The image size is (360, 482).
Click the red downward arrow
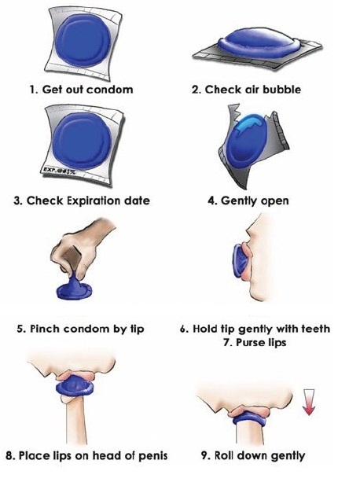309,403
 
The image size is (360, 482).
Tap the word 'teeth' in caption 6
315,329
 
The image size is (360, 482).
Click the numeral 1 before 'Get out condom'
32,90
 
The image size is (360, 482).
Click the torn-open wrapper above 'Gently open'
252,148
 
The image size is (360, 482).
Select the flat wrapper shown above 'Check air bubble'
258,57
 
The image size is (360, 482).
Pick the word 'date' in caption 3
137,201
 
